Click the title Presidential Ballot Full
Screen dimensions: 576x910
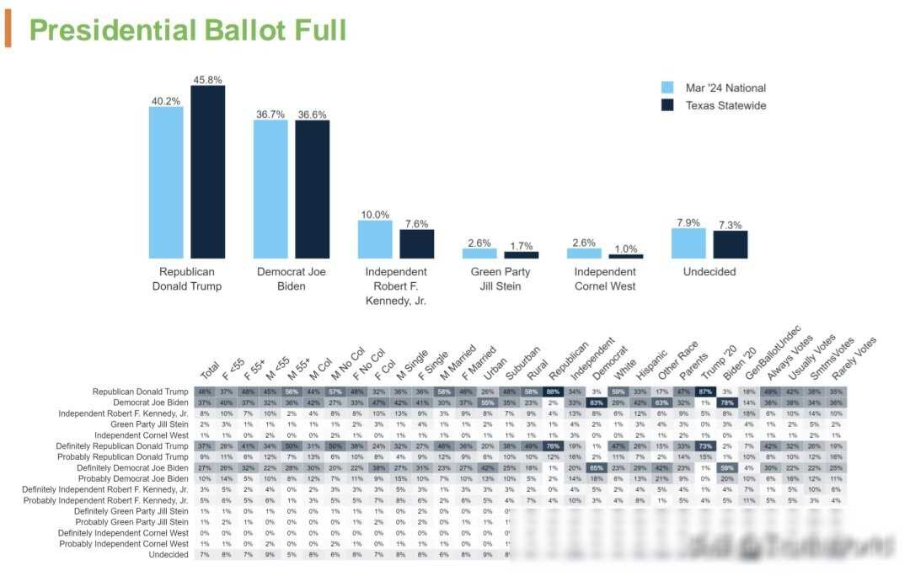187,30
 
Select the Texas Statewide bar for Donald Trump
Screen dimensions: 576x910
207,172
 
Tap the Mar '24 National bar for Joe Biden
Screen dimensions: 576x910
270,189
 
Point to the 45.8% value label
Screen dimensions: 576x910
207,79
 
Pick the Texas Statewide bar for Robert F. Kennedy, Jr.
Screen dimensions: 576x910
416,244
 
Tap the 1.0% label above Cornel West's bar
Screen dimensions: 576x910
625,248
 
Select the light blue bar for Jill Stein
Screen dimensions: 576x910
479,253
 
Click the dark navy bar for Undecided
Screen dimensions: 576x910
730,244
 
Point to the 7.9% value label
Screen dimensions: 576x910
688,222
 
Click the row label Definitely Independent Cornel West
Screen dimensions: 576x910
122,533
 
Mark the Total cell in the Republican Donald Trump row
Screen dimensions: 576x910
204,392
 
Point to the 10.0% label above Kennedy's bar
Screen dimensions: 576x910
375,215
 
